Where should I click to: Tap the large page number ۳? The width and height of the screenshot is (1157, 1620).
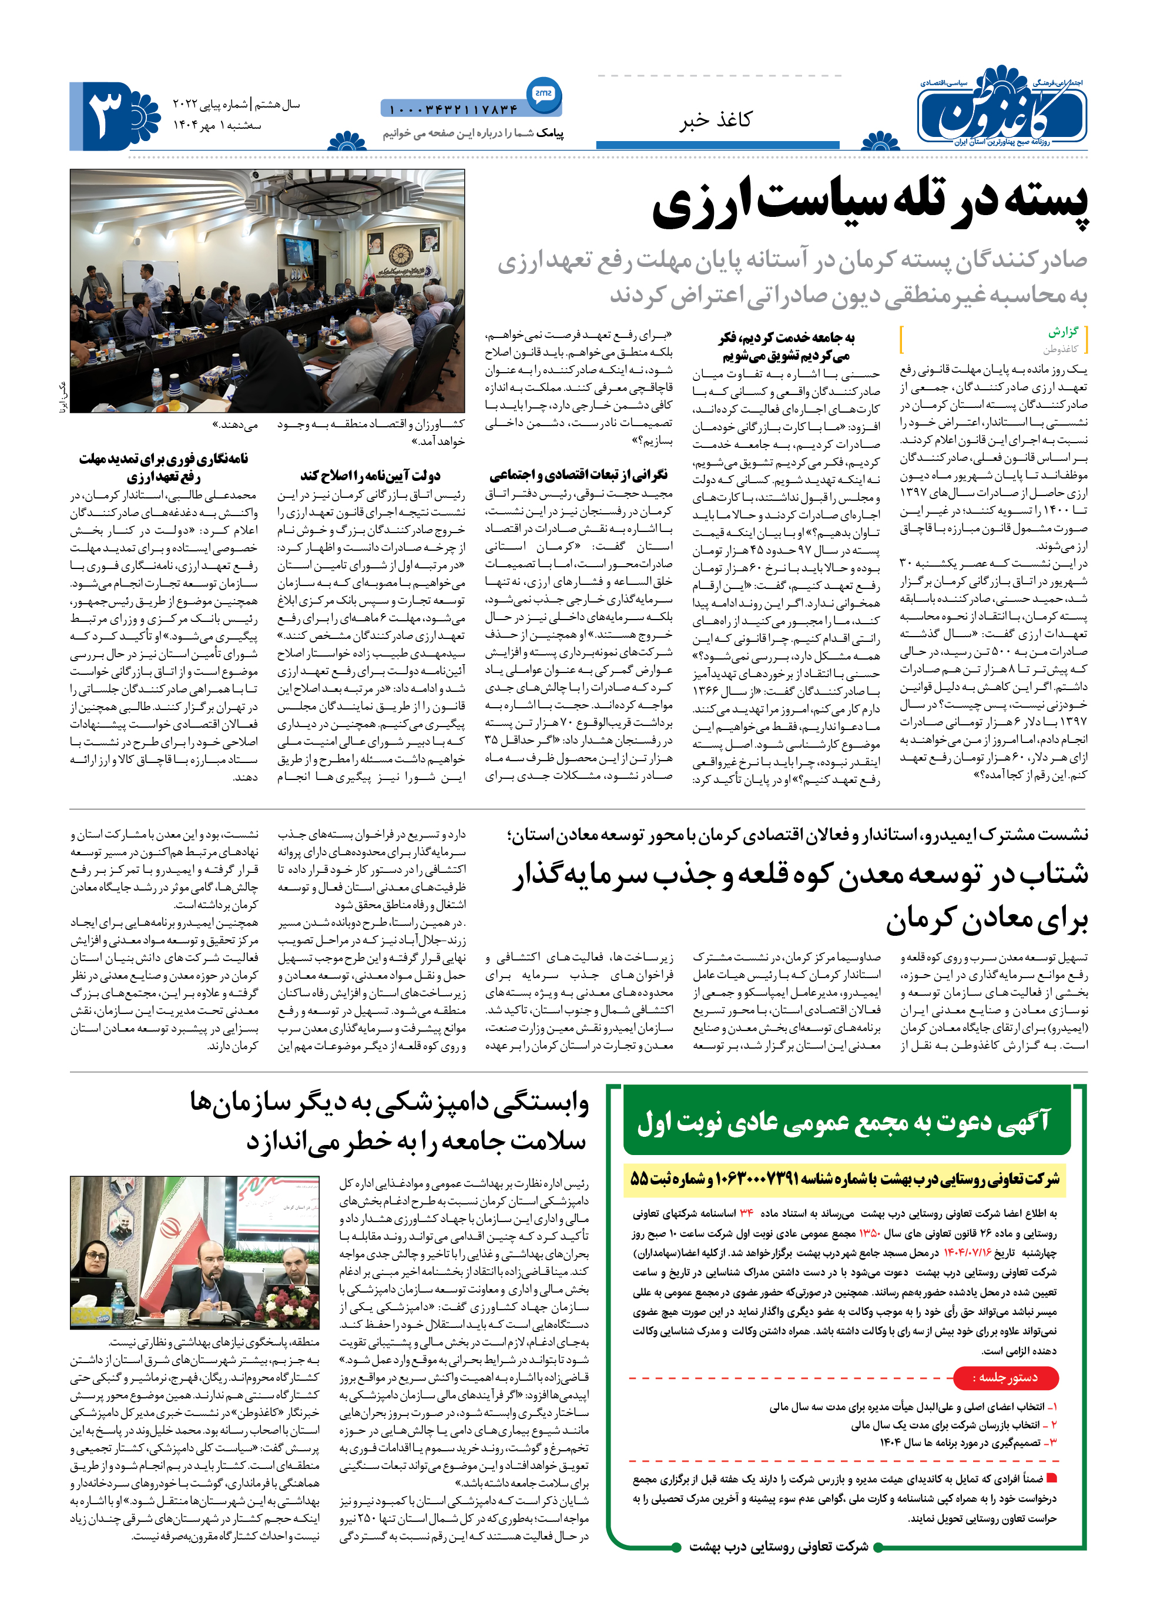tap(107, 115)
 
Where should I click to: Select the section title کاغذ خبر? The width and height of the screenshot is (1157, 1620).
tap(715, 120)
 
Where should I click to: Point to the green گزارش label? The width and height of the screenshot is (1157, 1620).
tap(1063, 332)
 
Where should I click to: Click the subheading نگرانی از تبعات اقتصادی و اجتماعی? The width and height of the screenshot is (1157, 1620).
tap(578, 475)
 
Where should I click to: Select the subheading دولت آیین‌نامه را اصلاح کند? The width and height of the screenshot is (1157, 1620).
tap(370, 476)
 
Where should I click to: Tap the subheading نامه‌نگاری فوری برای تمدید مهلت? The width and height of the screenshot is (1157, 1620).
tap(164, 459)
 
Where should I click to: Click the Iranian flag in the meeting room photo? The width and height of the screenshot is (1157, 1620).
tap(368, 269)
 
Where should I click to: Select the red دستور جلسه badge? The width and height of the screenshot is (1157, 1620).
tap(1005, 1378)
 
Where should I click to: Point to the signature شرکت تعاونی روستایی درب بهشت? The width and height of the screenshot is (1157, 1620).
tap(778, 1546)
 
